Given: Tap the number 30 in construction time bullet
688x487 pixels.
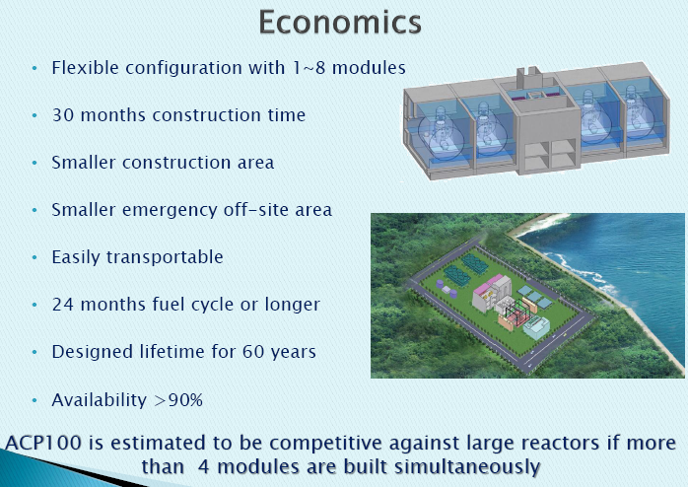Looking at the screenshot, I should pos(63,115).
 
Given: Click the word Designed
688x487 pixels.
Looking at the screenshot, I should pos(92,352).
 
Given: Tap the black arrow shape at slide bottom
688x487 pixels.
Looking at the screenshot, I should pos(138,478).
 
